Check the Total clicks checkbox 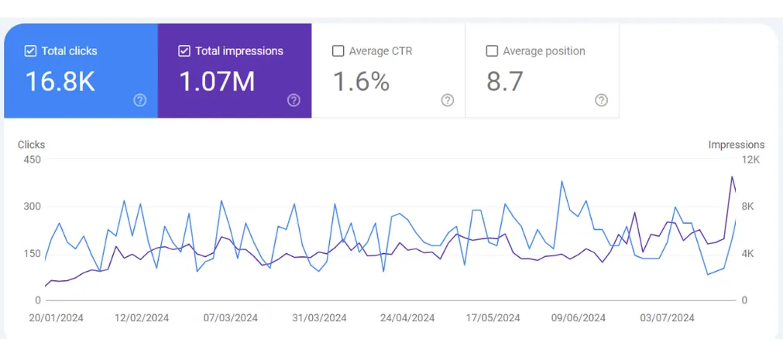tap(31, 51)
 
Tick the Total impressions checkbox tap(184, 51)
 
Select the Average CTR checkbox tap(338, 51)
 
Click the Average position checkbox tap(492, 51)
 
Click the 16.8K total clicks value tap(60, 81)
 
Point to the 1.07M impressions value tap(217, 81)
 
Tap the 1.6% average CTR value tap(361, 81)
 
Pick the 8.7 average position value tap(505, 81)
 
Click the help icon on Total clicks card tap(140, 100)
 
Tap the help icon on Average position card tap(601, 100)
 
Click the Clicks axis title tap(31, 145)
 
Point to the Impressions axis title tap(736, 145)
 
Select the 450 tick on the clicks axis tap(31, 160)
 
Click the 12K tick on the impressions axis tap(751, 160)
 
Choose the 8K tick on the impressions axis tap(749, 207)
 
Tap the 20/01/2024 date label tap(57, 318)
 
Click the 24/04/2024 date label tap(408, 318)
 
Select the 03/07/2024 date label tap(668, 318)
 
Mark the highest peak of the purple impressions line tap(732, 177)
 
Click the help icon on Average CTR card tap(448, 100)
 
